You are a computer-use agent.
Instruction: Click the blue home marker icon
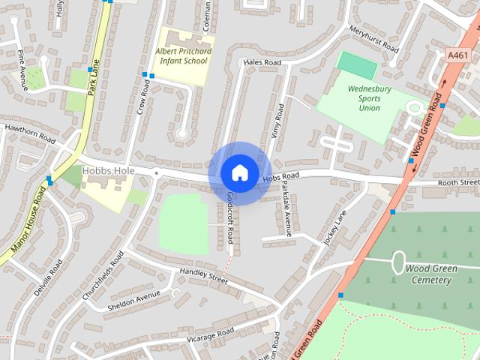[x=239, y=172]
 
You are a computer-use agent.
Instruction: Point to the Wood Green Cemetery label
[x=427, y=274]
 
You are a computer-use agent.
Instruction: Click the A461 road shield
[x=457, y=55]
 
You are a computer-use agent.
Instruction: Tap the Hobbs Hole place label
[x=108, y=171]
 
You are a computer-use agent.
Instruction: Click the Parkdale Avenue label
[x=287, y=213]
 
